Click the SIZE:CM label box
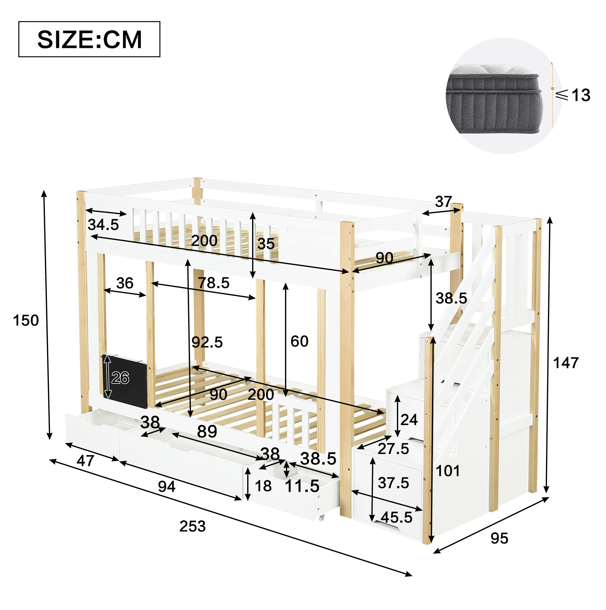tap(89, 39)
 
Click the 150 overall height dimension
tap(26, 320)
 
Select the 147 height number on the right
tap(566, 363)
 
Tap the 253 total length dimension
tap(192, 526)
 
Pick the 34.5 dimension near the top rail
tap(103, 224)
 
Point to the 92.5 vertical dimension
tap(207, 342)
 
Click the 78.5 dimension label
tap(214, 283)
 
